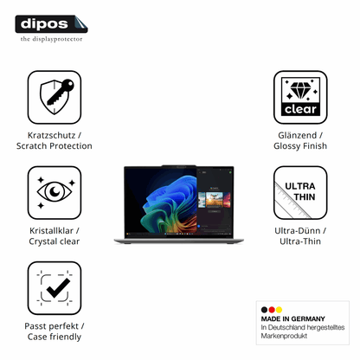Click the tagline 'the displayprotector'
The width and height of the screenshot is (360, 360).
[51, 39]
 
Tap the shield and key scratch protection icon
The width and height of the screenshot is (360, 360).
[56, 96]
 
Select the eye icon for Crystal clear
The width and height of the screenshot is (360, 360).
[55, 191]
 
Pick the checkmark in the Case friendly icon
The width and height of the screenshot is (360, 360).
[58, 288]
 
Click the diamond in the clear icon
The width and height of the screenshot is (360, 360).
[301, 90]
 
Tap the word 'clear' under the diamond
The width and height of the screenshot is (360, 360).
[300, 109]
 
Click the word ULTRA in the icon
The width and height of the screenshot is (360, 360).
[300, 186]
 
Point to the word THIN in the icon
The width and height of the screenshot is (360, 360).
[305, 197]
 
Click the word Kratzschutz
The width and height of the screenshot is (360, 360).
[51, 135]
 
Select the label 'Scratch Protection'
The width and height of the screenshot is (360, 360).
[55, 146]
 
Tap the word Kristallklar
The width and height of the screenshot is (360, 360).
[51, 231]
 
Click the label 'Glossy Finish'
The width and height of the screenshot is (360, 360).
[300, 146]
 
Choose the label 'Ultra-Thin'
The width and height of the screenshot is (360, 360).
[300, 241]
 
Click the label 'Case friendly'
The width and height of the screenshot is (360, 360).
[55, 337]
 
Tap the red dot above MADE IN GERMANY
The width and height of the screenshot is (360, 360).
[272, 310]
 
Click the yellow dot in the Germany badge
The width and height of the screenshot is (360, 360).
[279, 310]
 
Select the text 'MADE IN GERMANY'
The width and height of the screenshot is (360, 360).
[292, 318]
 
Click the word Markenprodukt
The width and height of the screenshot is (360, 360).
[284, 336]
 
